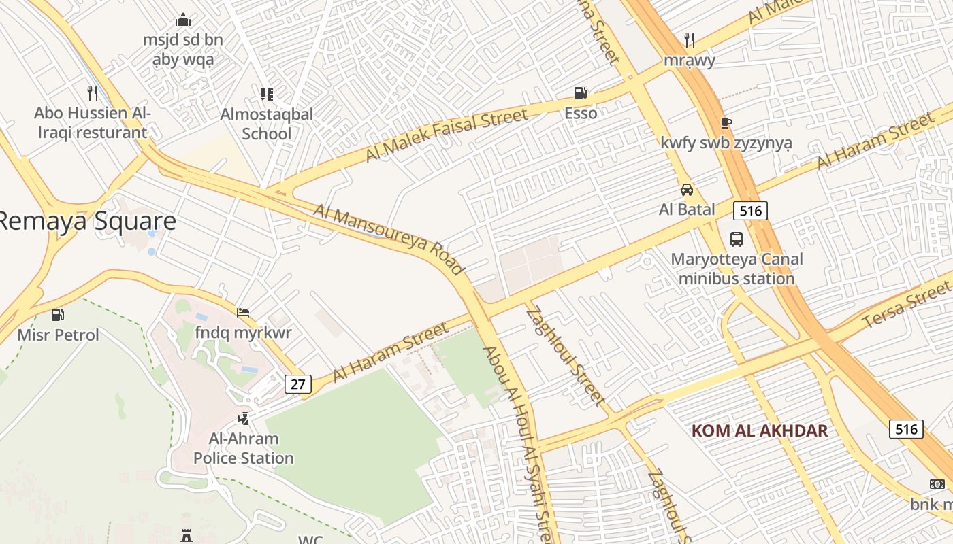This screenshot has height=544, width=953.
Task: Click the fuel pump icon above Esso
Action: tap(580, 93)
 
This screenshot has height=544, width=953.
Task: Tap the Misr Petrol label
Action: tap(58, 335)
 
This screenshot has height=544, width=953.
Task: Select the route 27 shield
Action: tap(297, 384)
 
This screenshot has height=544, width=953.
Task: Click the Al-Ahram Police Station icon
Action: tap(243, 418)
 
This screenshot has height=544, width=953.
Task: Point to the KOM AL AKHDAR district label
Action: tap(760, 430)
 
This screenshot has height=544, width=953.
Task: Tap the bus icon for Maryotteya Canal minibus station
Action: tap(737, 239)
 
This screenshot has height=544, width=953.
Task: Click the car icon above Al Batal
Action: tap(686, 190)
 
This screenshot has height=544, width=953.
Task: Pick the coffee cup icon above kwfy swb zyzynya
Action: tap(726, 123)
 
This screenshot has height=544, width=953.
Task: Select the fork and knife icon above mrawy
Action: tap(690, 40)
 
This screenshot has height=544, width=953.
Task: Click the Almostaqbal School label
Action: tap(267, 124)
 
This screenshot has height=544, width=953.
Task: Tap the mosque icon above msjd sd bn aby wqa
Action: tap(182, 20)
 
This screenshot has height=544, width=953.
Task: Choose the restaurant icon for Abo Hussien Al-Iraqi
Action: tap(93, 93)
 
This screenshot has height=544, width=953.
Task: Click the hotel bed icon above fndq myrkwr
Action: tap(243, 313)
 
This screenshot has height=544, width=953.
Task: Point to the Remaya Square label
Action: tap(87, 221)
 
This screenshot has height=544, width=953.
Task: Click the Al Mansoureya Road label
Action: tap(389, 239)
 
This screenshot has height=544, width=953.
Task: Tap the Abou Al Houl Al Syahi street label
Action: tap(521, 442)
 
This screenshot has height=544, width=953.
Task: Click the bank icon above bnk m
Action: tap(937, 484)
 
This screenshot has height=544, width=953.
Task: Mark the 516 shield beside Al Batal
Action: tap(750, 211)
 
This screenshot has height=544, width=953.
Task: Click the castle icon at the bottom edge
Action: tap(187, 536)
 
